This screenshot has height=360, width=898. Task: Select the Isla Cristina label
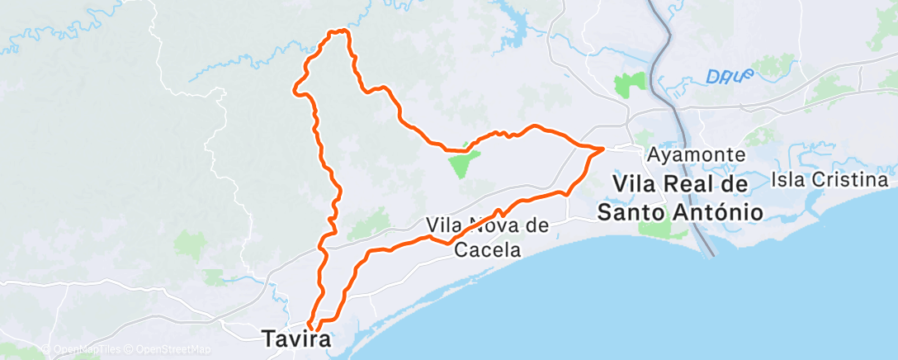coord(829,179)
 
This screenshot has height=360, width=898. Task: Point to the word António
coord(714,211)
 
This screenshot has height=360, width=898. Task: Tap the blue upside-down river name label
coord(730,76)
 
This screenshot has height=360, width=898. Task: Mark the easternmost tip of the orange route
coord(604,149)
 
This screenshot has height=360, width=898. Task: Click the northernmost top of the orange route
coord(339,31)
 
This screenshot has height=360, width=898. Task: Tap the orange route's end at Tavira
coord(310,324)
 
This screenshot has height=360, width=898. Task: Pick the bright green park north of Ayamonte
coord(631,83)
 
